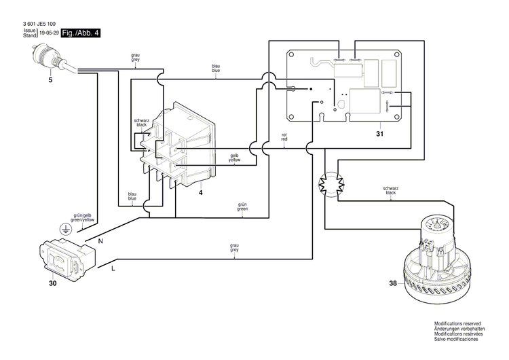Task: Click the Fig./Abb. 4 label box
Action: (x=81, y=32)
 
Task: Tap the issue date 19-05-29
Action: (x=50, y=32)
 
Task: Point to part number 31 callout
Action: (x=379, y=134)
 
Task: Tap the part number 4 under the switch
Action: (x=201, y=193)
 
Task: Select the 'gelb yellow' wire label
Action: (x=234, y=157)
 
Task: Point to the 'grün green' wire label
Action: (x=242, y=207)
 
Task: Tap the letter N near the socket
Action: (x=102, y=240)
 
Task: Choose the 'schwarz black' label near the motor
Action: (x=390, y=191)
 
